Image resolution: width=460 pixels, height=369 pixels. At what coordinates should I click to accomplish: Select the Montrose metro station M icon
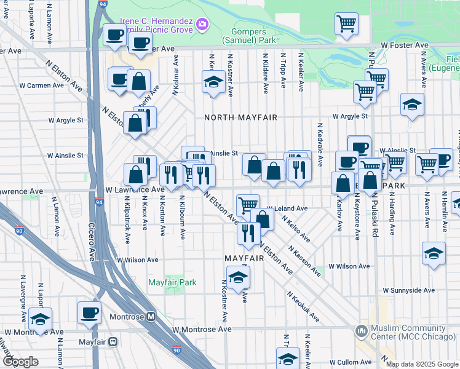click(x=151, y=316)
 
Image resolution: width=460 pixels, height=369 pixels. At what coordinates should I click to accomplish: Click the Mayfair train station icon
click(x=113, y=341)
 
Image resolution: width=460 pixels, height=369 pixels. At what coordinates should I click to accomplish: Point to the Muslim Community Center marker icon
click(x=362, y=331)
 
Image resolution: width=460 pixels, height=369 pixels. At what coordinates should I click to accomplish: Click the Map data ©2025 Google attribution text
click(x=421, y=364)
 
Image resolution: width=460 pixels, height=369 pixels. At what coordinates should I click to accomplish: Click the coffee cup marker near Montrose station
click(x=90, y=313)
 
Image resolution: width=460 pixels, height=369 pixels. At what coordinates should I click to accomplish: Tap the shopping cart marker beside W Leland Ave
click(x=247, y=204)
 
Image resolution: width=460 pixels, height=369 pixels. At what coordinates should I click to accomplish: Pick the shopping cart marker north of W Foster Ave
click(x=346, y=24)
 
